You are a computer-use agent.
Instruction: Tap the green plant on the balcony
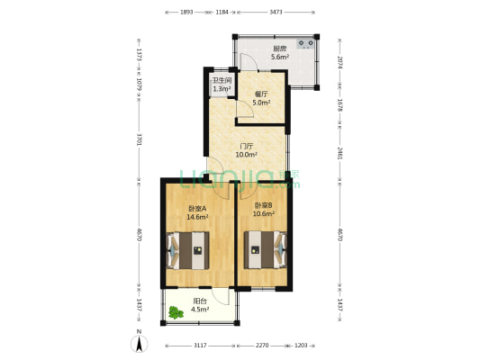[175, 312]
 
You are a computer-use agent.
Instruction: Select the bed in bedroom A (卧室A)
[189, 250]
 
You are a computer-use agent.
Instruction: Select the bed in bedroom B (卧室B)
[265, 250]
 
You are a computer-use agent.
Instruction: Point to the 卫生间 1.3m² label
[222, 85]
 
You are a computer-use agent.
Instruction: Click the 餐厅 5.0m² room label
[261, 98]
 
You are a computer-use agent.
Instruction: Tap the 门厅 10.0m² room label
[246, 150]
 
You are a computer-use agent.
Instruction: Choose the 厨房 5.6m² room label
[280, 53]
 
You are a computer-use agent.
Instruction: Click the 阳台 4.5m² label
[200, 306]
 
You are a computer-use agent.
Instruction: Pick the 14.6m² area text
[198, 217]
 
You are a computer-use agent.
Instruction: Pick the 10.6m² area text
[263, 214]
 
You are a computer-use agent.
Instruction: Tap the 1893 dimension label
[187, 13]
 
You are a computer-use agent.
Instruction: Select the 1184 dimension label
[222, 13]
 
